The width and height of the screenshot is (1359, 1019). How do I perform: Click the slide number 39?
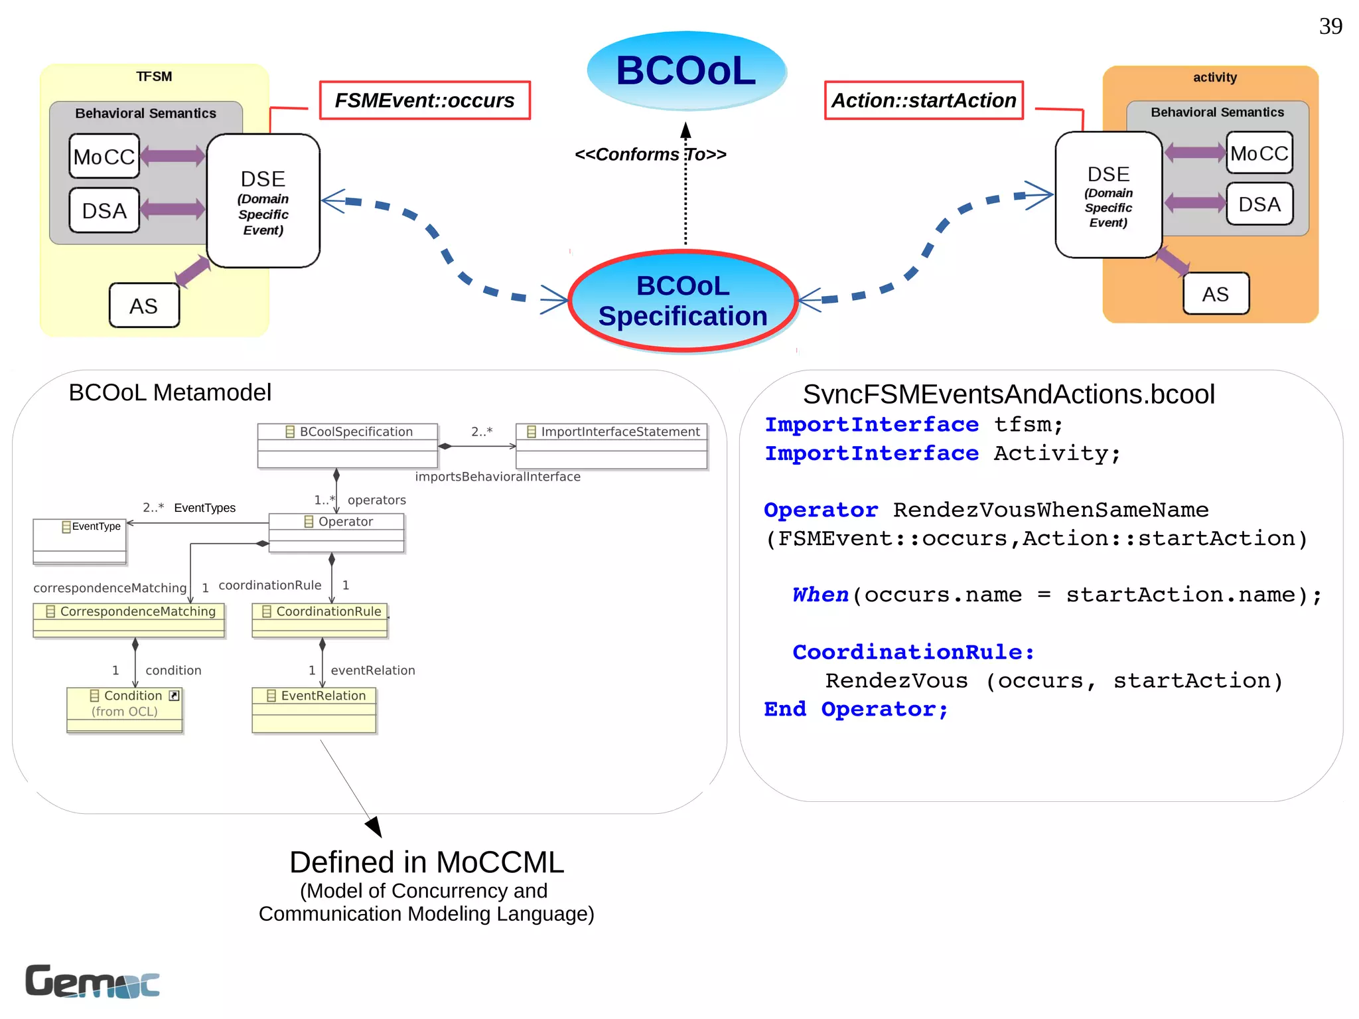(x=1330, y=27)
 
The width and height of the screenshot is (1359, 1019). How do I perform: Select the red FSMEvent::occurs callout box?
(x=425, y=100)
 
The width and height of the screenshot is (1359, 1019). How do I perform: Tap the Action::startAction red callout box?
(x=924, y=100)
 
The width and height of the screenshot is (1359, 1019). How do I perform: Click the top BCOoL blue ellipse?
(x=686, y=70)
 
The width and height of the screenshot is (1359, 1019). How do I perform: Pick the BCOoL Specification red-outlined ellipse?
(x=683, y=301)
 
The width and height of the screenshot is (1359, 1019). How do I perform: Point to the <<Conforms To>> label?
(x=650, y=154)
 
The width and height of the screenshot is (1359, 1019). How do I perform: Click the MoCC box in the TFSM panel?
(x=104, y=157)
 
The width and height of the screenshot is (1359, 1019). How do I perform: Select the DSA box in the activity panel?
(x=1259, y=204)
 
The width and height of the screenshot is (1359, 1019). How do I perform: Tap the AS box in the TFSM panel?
(x=144, y=306)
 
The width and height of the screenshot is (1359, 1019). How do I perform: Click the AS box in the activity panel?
(x=1216, y=294)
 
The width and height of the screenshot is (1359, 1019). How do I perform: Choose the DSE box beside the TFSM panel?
(x=263, y=201)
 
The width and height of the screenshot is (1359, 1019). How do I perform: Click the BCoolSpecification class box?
(x=348, y=445)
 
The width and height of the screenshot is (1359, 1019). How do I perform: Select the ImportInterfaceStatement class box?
(x=611, y=445)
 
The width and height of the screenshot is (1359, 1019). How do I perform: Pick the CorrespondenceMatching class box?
(x=129, y=619)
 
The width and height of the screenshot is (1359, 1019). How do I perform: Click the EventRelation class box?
(x=314, y=710)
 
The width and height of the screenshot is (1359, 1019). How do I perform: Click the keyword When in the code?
(x=820, y=594)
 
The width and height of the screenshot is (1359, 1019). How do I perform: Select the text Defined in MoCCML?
(x=427, y=862)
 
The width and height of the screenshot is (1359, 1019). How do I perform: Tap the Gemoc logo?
(x=92, y=981)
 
